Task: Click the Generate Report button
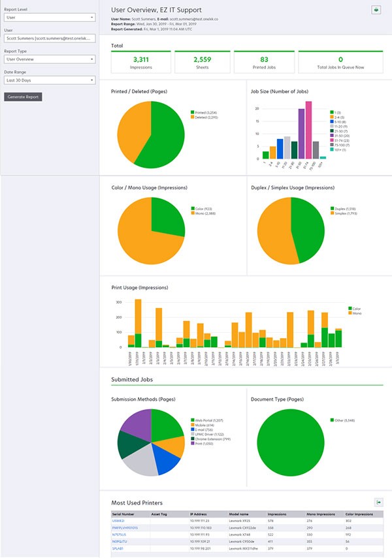click(x=23, y=97)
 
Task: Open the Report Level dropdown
click(x=50, y=18)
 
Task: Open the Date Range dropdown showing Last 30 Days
click(x=50, y=80)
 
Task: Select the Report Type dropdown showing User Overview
click(x=50, y=59)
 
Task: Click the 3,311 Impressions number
click(x=141, y=59)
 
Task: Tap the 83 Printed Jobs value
click(x=264, y=59)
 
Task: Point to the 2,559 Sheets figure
click(x=203, y=59)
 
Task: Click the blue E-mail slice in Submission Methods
click(x=168, y=460)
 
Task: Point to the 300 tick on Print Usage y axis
click(x=119, y=303)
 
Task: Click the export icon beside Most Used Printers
click(x=378, y=502)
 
